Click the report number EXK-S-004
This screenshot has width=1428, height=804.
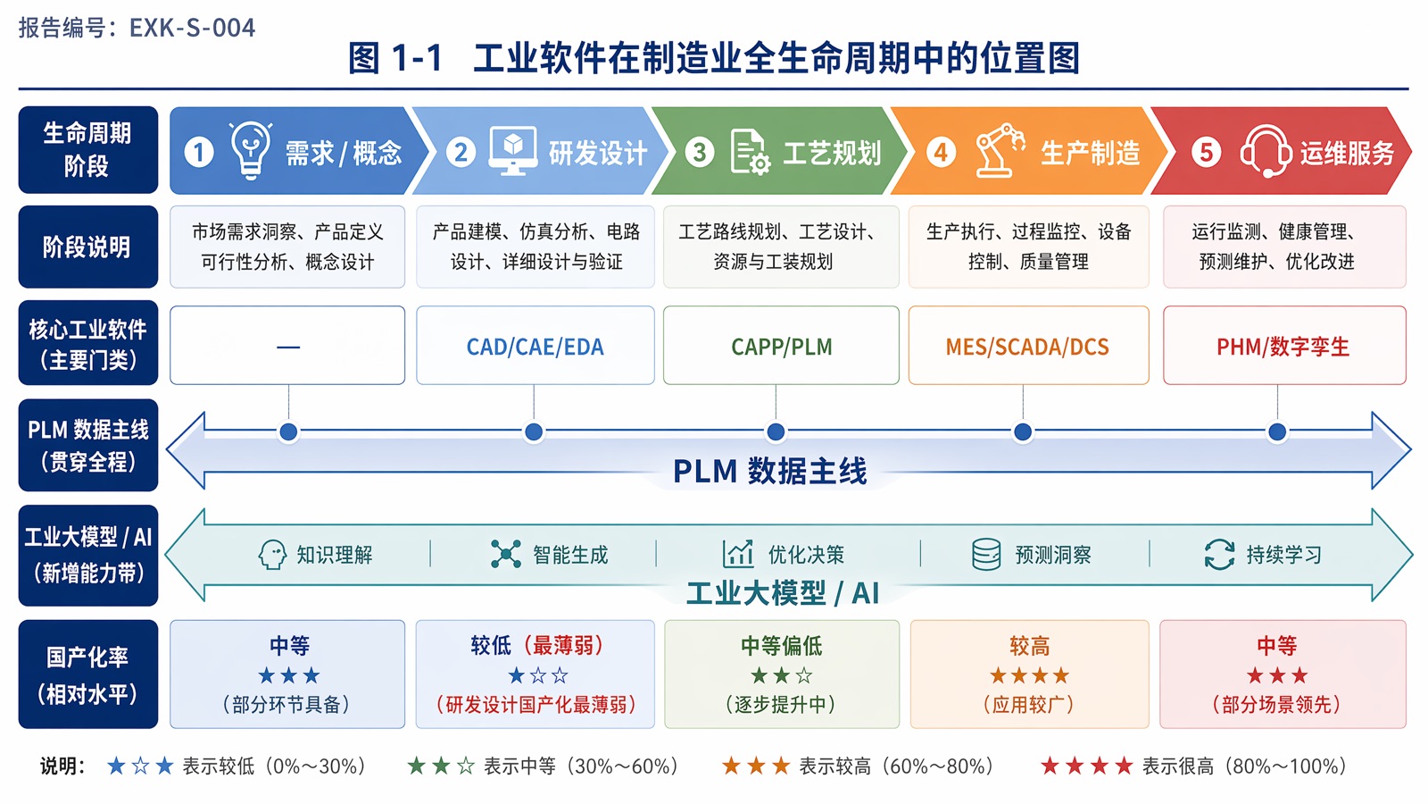coord(192,28)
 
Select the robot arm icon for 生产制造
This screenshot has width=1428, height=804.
coord(999,150)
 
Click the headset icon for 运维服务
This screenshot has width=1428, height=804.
coord(1266,151)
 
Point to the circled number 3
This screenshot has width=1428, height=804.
coord(700,152)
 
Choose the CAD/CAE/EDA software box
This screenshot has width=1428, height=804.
coord(535,345)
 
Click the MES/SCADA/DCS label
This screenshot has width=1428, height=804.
coord(1027,348)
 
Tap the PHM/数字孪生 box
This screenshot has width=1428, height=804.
coord(1284,345)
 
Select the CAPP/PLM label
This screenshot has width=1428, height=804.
coord(782,348)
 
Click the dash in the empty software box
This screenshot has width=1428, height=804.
coord(288,348)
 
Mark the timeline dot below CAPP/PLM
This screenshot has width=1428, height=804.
coord(776,432)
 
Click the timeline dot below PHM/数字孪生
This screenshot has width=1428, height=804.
coord(1277,432)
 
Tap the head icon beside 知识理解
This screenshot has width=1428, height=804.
coord(272,554)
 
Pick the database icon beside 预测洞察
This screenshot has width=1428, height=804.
coord(986,554)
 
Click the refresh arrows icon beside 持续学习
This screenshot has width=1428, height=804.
coord(1219,554)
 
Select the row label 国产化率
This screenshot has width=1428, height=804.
coord(87,657)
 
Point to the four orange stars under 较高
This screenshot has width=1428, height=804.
coord(1029,675)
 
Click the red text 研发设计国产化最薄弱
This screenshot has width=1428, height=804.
coord(536,705)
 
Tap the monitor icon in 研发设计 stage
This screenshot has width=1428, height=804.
coord(512,150)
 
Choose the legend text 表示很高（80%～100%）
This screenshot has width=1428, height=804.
coord(1244,766)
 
